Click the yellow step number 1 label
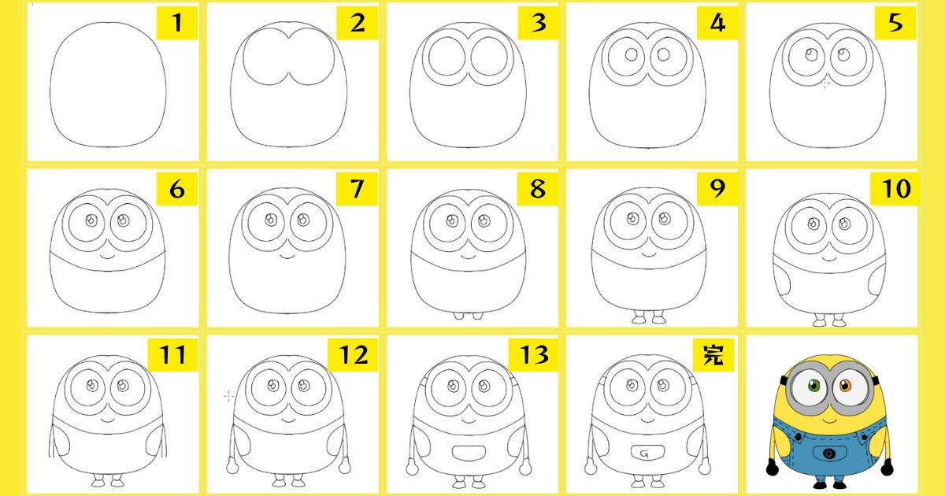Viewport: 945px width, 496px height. (177, 23)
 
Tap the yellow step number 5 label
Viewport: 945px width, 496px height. (895, 23)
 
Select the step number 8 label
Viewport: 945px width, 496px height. (537, 188)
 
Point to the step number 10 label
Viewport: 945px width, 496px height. (895, 188)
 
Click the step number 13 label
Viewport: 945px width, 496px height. (534, 355)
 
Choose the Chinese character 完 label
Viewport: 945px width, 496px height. (713, 355)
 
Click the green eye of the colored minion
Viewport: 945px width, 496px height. (813, 386)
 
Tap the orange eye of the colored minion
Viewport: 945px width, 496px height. (845, 386)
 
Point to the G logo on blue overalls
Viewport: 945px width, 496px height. (829, 453)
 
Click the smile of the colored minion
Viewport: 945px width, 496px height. (829, 420)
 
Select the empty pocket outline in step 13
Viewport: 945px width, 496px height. (469, 453)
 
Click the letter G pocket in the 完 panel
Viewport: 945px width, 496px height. (648, 453)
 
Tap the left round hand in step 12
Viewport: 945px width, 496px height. (232, 467)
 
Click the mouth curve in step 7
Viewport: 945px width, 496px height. (287, 256)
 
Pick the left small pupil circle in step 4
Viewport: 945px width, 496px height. (631, 54)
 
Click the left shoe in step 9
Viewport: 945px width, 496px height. (639, 319)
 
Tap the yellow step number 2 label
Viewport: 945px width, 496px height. (358, 23)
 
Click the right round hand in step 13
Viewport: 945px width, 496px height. (525, 468)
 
